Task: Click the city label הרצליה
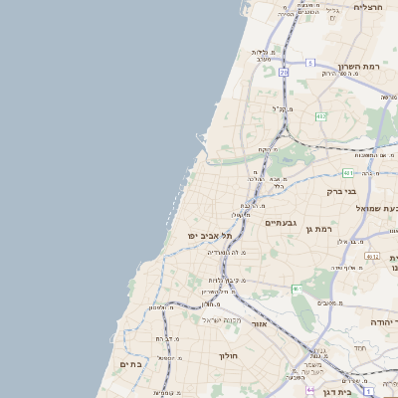(368, 7)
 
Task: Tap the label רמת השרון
(359, 68)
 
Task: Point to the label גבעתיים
(283, 224)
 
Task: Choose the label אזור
(260, 324)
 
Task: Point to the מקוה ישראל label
(222, 319)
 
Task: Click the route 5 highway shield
(309, 63)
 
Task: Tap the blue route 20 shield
(284, 72)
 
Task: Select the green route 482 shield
(320, 116)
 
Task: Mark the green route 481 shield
(348, 172)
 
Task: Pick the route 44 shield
(310, 389)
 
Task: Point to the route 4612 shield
(371, 256)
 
